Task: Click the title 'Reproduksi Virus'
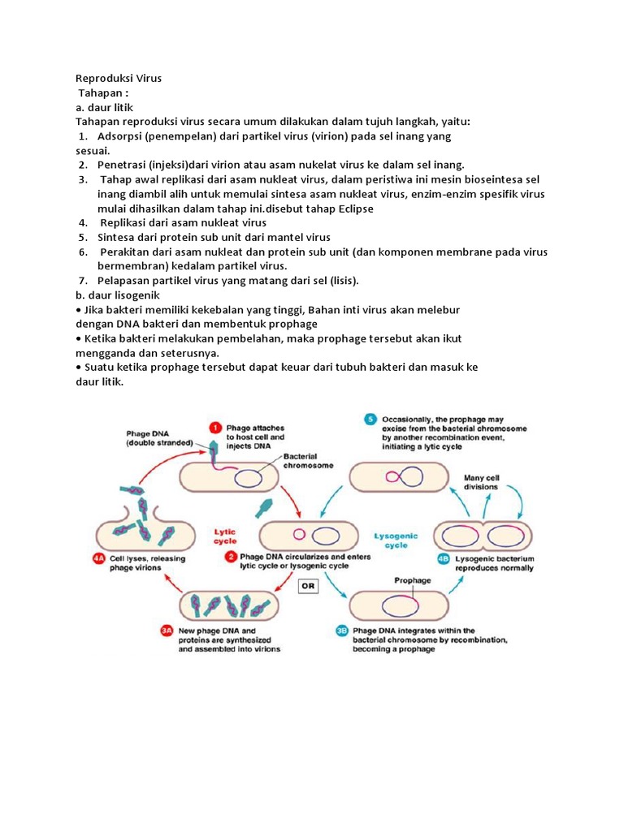click(119, 79)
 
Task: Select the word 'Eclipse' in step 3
click(353, 209)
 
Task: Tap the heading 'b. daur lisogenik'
click(119, 295)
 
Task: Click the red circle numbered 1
click(215, 427)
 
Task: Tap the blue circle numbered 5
click(370, 420)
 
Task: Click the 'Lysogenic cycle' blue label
click(396, 540)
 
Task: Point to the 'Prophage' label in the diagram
click(413, 581)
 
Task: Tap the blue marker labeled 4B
click(443, 558)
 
